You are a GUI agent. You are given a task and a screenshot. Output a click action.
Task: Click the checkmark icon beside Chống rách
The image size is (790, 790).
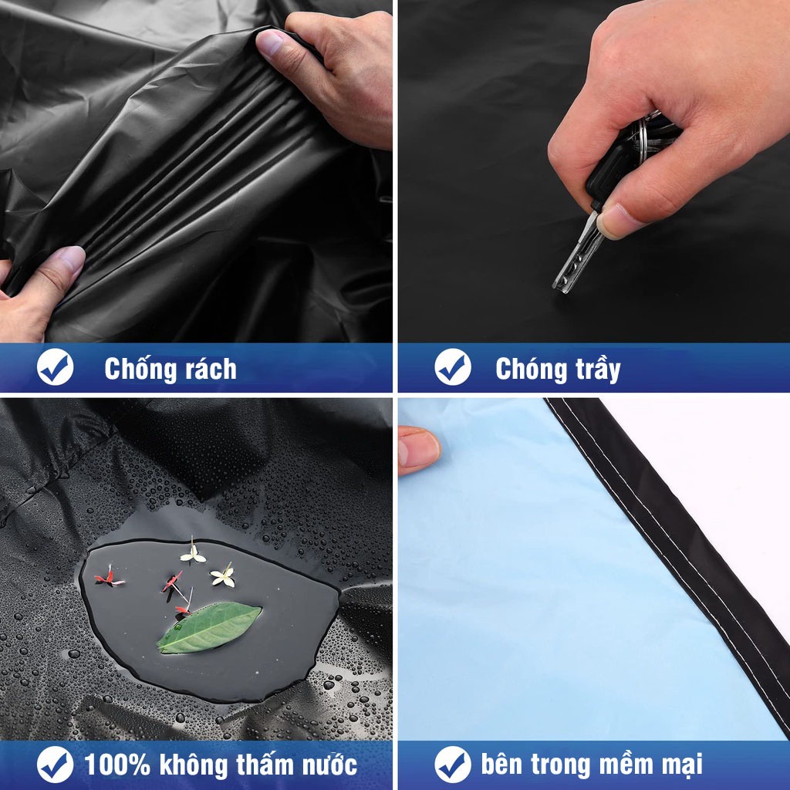(x=55, y=367)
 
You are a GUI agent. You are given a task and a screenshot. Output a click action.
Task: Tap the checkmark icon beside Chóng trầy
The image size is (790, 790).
(x=452, y=367)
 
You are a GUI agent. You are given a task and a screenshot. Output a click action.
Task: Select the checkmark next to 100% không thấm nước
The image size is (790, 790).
(x=55, y=765)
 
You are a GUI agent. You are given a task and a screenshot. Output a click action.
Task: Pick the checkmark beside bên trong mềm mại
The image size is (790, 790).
(x=452, y=765)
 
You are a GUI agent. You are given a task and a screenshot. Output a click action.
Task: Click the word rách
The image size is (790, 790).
(x=211, y=370)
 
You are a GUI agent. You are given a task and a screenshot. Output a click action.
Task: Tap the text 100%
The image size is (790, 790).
(x=117, y=765)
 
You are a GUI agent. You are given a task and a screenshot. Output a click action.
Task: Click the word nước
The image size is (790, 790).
(x=329, y=765)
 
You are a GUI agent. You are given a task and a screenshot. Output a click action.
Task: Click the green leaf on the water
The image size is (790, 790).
(x=209, y=626)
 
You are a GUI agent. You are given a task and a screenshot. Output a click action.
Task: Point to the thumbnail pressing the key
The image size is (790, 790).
(x=616, y=221)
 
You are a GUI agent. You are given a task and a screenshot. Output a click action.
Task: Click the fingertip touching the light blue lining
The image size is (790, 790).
(x=417, y=450)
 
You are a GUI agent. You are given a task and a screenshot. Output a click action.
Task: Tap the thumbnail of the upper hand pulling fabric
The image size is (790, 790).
(x=270, y=42)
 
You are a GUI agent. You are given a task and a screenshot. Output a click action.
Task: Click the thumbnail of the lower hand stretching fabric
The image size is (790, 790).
(x=69, y=261)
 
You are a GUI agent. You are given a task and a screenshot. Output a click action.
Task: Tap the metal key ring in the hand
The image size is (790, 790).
(x=646, y=132)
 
